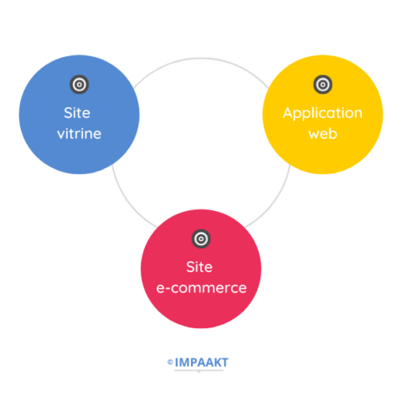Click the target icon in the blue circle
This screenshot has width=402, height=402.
coord(80,85)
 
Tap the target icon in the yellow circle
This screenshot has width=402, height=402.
coord(322,85)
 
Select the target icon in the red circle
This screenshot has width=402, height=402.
coord(201,239)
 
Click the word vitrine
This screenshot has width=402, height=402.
coord(80,134)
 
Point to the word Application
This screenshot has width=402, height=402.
coord(322,114)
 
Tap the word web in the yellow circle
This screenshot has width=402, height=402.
coord(322,134)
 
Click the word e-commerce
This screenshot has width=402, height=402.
coord(201,288)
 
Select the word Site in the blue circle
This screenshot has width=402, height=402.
coord(77,113)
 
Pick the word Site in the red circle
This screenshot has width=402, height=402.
coord(199,267)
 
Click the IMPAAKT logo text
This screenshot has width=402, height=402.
coord(201,363)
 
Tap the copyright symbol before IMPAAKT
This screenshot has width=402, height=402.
coord(170,362)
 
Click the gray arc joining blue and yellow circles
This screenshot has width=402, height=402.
coord(201,59)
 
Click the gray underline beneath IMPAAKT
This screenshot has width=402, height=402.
coord(198,370)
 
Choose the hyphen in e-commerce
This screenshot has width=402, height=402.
coord(167,289)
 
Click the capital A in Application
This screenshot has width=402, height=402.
coord(289,113)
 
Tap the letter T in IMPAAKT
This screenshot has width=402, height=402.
coord(224,363)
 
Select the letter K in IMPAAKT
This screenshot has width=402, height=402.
coord(216,363)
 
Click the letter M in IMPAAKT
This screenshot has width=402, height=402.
coord(183,363)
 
